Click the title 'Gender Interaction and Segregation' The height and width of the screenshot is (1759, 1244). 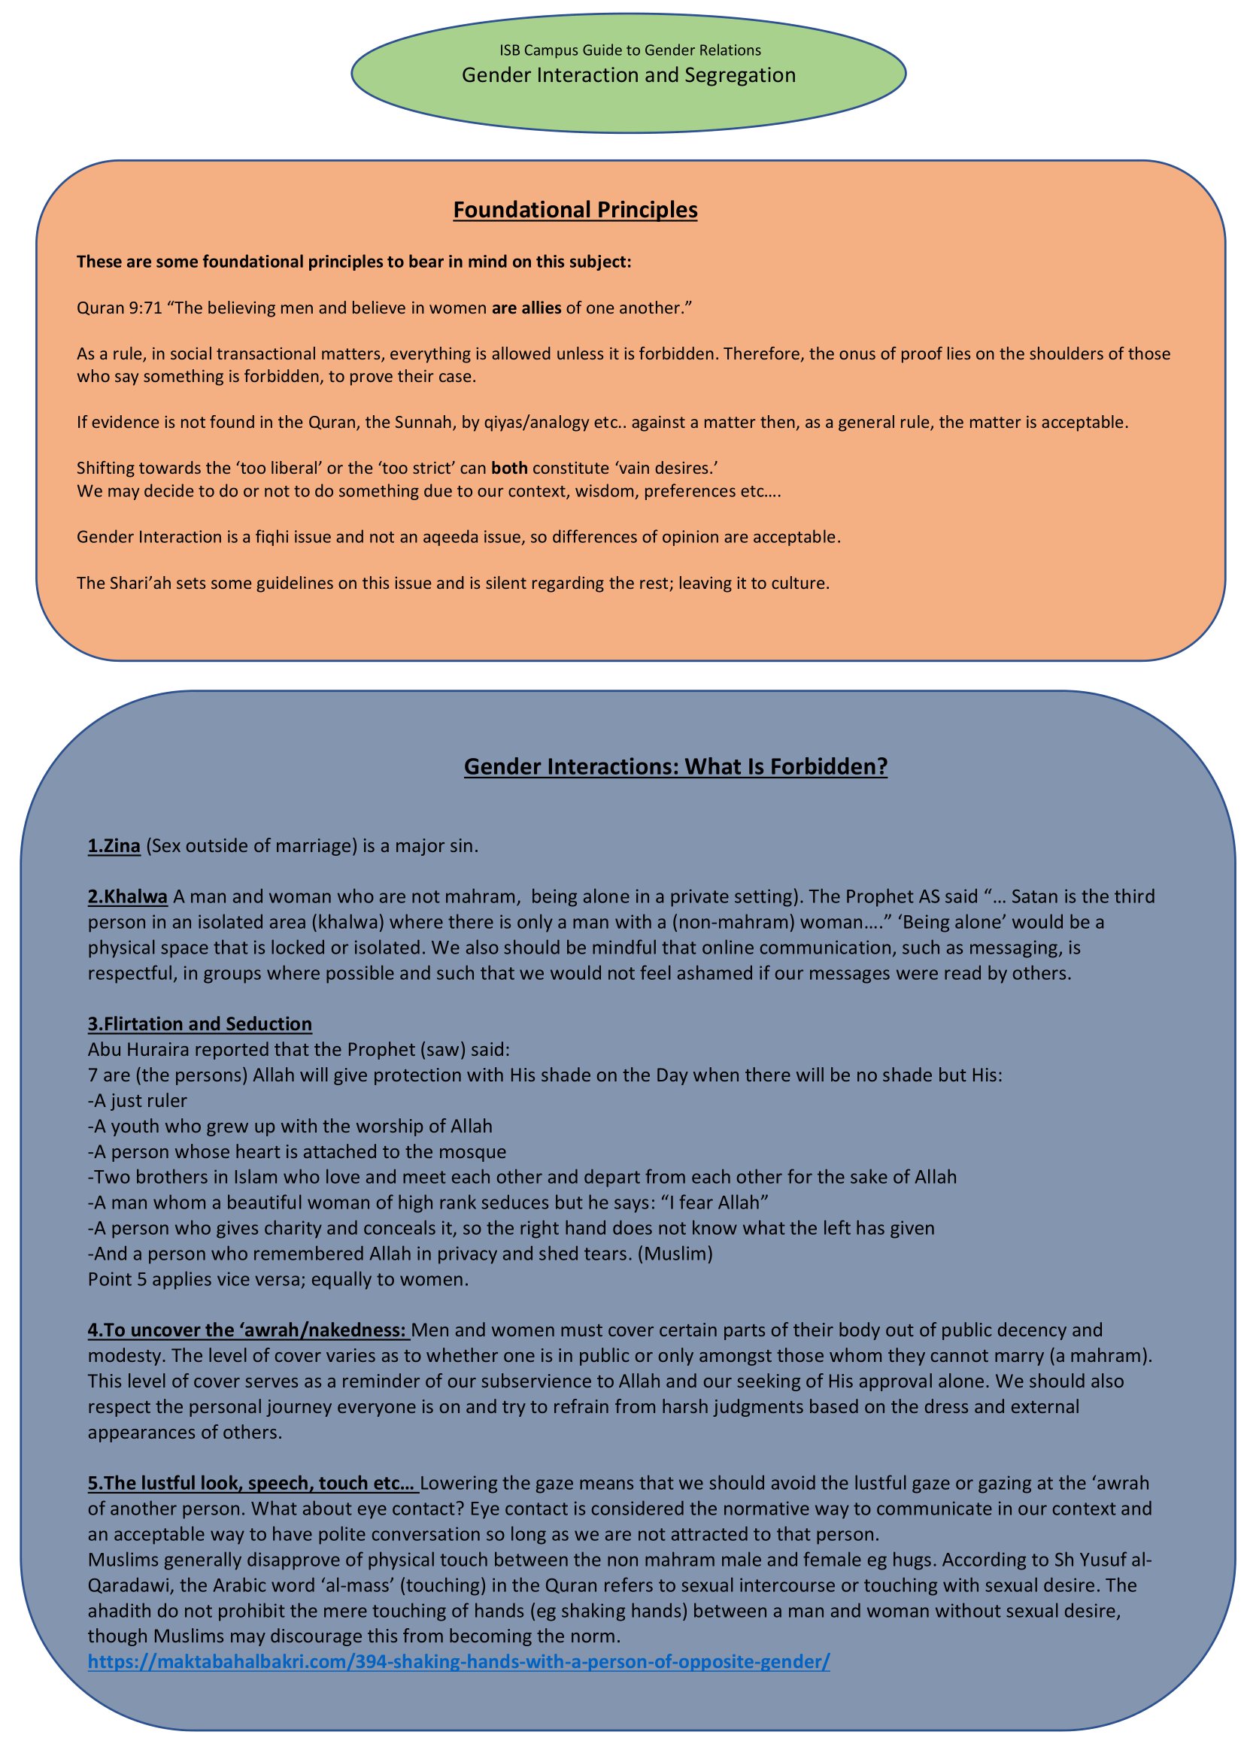628,75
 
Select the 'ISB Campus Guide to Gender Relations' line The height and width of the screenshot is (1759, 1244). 630,50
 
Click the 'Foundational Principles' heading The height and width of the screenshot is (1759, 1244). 575,210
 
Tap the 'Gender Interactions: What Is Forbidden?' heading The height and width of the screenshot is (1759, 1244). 675,767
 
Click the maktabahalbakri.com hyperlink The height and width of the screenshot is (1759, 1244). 458,1662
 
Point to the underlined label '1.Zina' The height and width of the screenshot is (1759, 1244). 114,846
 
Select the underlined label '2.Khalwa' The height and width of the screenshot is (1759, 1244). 127,896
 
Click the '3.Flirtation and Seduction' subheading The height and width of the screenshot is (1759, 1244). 199,1024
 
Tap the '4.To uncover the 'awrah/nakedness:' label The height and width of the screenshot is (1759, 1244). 247,1330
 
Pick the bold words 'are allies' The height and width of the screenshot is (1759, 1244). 526,308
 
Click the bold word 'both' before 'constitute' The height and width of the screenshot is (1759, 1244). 508,468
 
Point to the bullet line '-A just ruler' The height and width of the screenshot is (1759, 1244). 137,1101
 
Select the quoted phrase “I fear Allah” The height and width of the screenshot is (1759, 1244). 717,1202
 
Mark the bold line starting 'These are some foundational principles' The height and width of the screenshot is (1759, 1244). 354,262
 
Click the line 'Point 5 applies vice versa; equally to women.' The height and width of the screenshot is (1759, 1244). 278,1279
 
